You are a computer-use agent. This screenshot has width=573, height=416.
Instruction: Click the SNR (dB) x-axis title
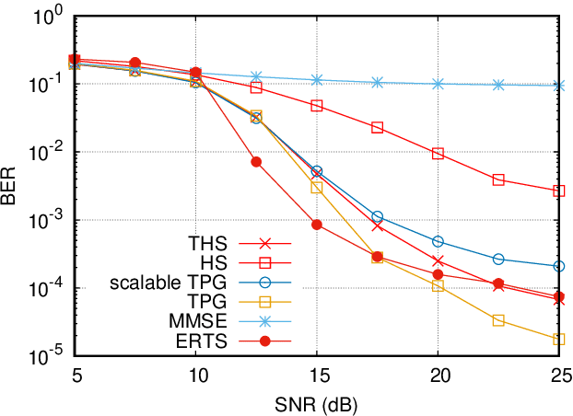[x=317, y=404]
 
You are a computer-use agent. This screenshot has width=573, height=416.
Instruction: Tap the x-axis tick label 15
[x=317, y=376]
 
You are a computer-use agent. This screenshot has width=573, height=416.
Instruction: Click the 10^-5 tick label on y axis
[x=46, y=354]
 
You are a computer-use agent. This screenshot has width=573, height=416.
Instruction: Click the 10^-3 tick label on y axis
[x=46, y=219]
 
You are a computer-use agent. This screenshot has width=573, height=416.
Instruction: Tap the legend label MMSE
[x=205, y=321]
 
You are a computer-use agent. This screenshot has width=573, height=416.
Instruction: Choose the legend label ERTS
[x=206, y=341]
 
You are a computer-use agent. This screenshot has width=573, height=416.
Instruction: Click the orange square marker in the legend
[x=264, y=302]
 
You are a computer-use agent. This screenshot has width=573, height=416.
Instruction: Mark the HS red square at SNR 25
[x=559, y=191]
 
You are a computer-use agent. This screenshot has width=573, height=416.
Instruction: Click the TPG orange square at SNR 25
[x=559, y=340]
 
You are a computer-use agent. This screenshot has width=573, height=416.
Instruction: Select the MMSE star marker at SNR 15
[x=317, y=80]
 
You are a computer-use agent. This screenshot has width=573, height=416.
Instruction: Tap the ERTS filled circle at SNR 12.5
[x=256, y=162]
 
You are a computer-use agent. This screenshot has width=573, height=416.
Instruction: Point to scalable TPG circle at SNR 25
[x=559, y=266]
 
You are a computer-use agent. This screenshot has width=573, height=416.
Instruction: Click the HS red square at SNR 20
[x=439, y=153]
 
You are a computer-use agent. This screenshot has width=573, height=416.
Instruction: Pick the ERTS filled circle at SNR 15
[x=317, y=225]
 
